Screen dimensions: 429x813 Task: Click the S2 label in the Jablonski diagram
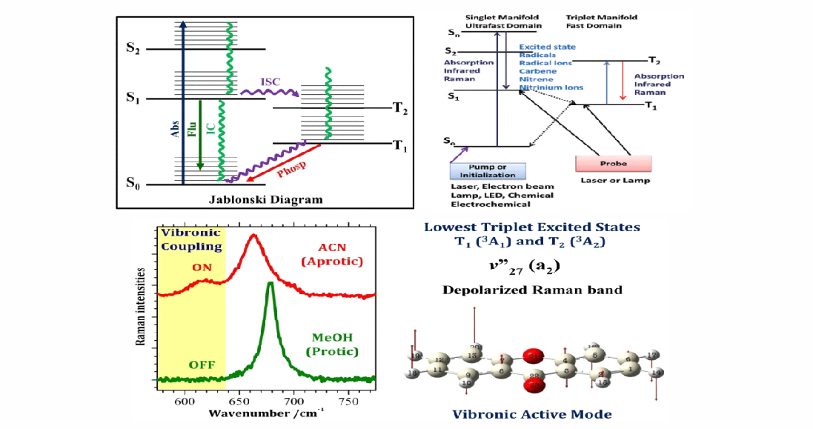[132, 50]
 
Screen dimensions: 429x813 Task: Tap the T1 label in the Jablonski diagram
[400, 146]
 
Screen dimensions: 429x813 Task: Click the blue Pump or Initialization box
[488, 170]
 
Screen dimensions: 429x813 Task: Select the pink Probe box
[613, 163]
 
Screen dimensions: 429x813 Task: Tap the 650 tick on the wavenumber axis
[239, 399]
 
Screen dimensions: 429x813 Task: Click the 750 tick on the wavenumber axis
[348, 399]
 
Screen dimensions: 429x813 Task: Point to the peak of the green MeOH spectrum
[271, 284]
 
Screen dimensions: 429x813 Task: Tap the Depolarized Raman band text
[532, 290]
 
